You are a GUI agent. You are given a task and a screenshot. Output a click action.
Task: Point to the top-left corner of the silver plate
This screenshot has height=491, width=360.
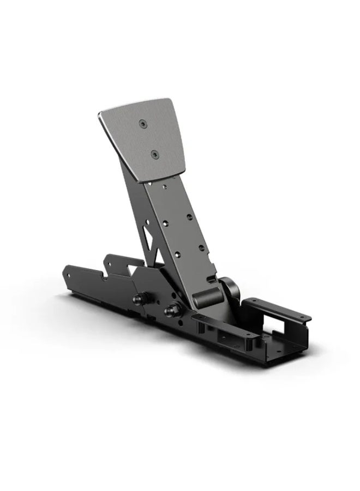point(100,113)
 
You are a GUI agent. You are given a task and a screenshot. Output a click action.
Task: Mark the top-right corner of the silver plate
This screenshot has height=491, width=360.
point(170,100)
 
